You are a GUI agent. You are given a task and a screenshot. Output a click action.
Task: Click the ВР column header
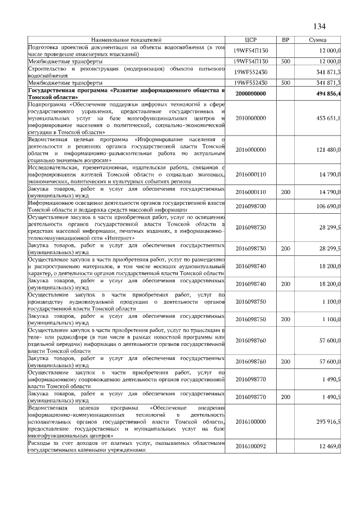coord(285,40)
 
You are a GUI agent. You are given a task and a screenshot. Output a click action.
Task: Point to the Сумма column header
coord(319,40)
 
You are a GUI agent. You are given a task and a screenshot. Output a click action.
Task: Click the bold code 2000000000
coord(251,93)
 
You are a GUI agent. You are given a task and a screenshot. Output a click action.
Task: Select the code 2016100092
coord(251,446)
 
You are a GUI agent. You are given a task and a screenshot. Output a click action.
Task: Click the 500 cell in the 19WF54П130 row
coord(285,61)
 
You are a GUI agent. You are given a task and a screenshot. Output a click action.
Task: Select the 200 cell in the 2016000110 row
coord(285,191)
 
